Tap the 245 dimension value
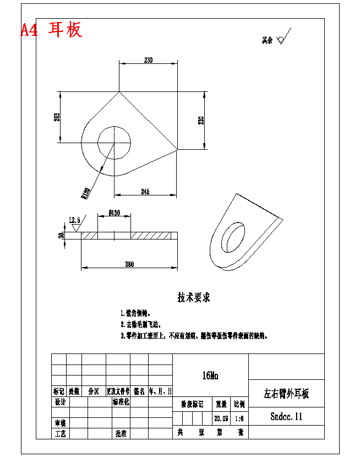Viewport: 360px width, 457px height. click(x=145, y=192)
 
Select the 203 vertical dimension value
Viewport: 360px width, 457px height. click(x=57, y=117)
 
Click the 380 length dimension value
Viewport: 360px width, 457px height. click(x=129, y=264)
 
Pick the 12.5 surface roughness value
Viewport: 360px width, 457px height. click(x=74, y=220)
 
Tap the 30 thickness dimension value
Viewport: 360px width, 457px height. click(x=61, y=235)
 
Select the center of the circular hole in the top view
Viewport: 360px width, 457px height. click(x=114, y=143)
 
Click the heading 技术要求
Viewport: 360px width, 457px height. click(x=193, y=297)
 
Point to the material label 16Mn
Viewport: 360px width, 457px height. click(x=210, y=376)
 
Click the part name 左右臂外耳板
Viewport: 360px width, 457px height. click(x=286, y=394)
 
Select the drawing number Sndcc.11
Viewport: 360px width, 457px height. click(x=286, y=417)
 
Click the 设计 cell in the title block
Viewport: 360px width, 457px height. click(x=60, y=402)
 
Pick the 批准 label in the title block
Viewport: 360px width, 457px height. click(x=121, y=433)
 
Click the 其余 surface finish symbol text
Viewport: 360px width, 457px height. click(x=267, y=40)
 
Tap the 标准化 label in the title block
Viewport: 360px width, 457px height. click(x=121, y=402)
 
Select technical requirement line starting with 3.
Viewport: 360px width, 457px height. click(x=193, y=335)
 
